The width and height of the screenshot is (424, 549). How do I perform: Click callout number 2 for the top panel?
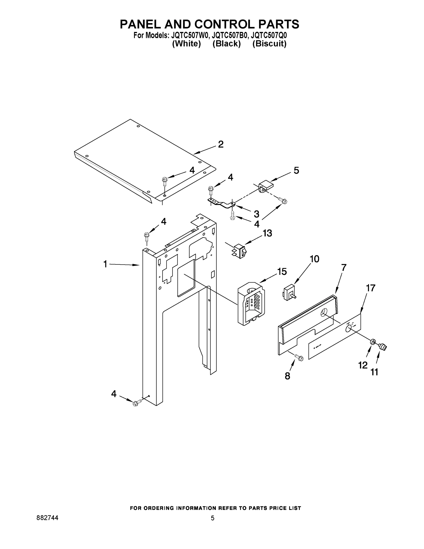(221, 145)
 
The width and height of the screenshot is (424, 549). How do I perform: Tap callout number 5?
(296, 170)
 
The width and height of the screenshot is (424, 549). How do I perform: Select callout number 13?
(267, 233)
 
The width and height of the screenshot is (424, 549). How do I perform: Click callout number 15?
(282, 272)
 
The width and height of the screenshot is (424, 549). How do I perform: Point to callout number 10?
(314, 259)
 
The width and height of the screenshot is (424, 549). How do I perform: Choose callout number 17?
(371, 288)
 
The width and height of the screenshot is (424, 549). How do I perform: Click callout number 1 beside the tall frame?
(105, 264)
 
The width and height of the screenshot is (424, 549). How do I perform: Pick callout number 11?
(374, 372)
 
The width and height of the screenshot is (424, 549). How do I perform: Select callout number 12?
(363, 365)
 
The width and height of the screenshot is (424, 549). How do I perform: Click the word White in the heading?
(186, 44)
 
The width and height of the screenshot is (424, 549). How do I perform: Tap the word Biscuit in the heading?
(269, 44)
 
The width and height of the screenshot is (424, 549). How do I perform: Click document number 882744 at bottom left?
(48, 518)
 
